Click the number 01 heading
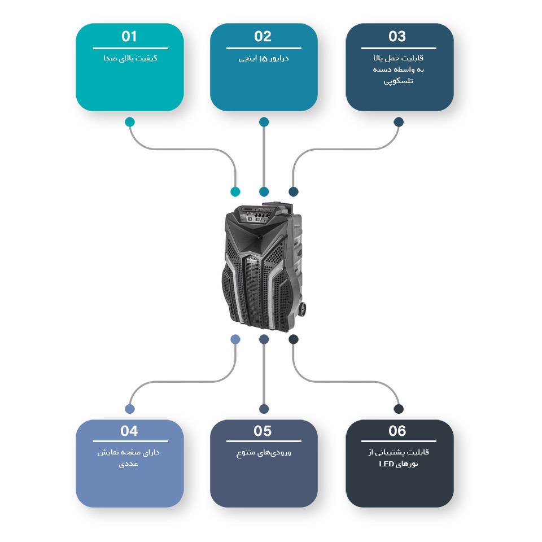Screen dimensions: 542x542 pyautogui.click(x=129, y=37)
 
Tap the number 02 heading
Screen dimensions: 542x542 pyautogui.click(x=263, y=37)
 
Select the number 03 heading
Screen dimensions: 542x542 pyautogui.click(x=397, y=37)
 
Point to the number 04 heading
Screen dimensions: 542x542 pyautogui.click(x=129, y=431)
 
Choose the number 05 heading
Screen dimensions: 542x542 pyautogui.click(x=263, y=431)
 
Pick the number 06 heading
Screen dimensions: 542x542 pyautogui.click(x=397, y=431)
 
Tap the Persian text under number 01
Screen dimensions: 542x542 pyautogui.click(x=130, y=58)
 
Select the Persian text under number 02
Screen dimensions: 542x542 pyautogui.click(x=264, y=58)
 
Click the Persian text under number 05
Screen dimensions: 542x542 pyautogui.click(x=264, y=453)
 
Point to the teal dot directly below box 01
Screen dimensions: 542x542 pyautogui.click(x=130, y=122)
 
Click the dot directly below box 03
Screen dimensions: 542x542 pyautogui.click(x=399, y=122)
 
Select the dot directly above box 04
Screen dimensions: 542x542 pyautogui.click(x=130, y=409)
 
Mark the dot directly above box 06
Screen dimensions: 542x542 pyautogui.click(x=399, y=409)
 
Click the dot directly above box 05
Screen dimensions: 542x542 pyautogui.click(x=264, y=409)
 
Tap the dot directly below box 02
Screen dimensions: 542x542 pyautogui.click(x=264, y=122)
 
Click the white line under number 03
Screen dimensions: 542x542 pyautogui.click(x=399, y=48)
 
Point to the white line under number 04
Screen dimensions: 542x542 pyautogui.click(x=130, y=442)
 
